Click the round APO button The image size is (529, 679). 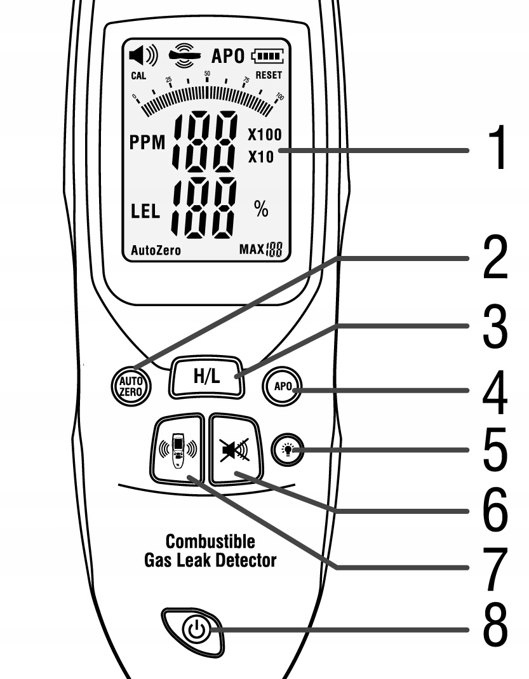(284, 386)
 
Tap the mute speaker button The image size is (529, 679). (234, 448)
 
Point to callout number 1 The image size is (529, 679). (493, 149)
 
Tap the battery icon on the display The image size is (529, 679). (268, 56)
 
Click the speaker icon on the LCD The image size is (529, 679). (143, 56)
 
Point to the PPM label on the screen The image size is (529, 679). (147, 144)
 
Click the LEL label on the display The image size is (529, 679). (145, 212)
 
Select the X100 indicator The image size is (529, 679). (264, 135)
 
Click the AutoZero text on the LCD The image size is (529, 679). (156, 250)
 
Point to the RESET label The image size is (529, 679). (269, 75)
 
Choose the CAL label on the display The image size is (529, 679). (138, 76)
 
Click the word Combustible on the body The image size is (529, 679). (201, 542)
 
